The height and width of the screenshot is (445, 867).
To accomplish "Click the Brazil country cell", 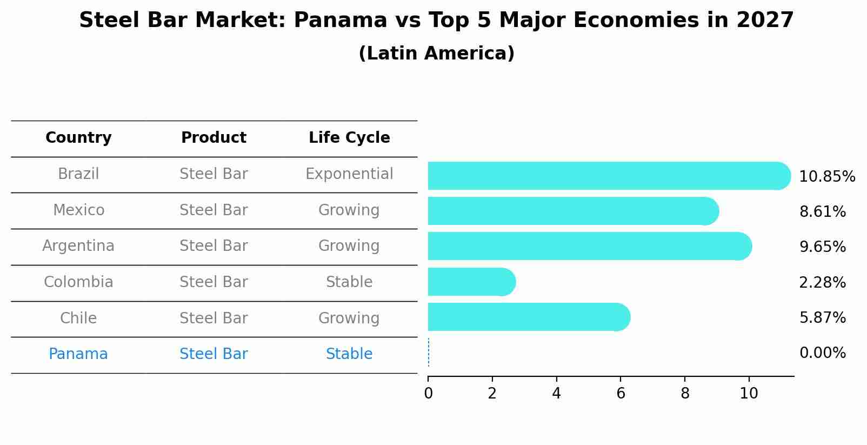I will point(78,174).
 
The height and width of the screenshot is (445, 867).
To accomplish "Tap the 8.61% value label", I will point(822,212).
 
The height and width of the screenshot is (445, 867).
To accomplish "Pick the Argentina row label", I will point(78,246).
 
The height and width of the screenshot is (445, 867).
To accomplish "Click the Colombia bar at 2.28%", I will point(470,282).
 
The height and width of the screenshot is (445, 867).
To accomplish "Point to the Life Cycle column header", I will point(349,138).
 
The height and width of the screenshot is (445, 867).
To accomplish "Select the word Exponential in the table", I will point(349,174).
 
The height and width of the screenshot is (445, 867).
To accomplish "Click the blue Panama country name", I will point(78,354).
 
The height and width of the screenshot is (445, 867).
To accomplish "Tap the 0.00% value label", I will point(822,353).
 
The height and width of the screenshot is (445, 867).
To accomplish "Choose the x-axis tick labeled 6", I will point(621,394).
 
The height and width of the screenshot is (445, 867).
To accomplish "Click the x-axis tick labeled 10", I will point(749,394).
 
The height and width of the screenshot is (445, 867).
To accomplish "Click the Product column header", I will point(214,138).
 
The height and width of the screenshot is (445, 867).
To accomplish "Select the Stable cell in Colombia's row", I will point(349,282).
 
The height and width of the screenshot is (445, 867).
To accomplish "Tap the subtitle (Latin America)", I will point(436,54).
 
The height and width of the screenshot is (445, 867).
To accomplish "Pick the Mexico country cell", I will point(78,210).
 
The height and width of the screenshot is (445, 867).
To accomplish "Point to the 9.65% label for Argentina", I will point(822,247).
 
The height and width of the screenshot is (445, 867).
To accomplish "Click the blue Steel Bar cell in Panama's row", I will point(214,354).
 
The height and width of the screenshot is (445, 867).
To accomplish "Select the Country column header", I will point(78,138).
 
